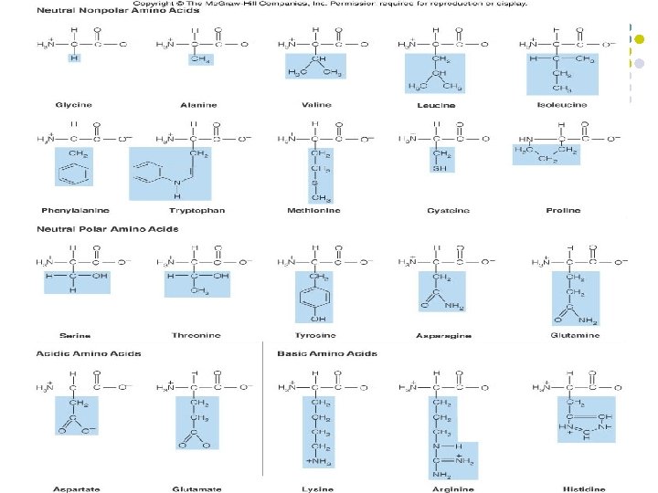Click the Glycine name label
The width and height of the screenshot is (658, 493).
(x=72, y=105)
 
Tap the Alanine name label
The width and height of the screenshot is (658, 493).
(x=199, y=105)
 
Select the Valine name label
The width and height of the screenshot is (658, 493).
(x=317, y=105)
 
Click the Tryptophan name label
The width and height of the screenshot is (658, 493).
(x=196, y=210)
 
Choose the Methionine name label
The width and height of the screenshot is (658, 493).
(x=319, y=210)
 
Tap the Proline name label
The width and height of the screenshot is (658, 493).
(x=563, y=210)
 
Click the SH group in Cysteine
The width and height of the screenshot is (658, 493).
(x=441, y=166)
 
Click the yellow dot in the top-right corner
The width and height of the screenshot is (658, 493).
(x=639, y=40)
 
